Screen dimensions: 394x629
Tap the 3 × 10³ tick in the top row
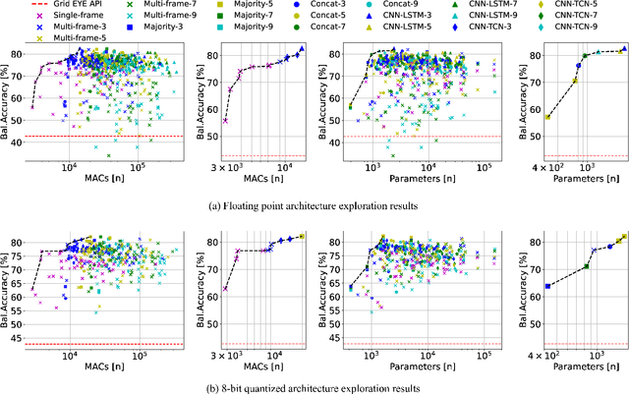coord(225,168)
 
